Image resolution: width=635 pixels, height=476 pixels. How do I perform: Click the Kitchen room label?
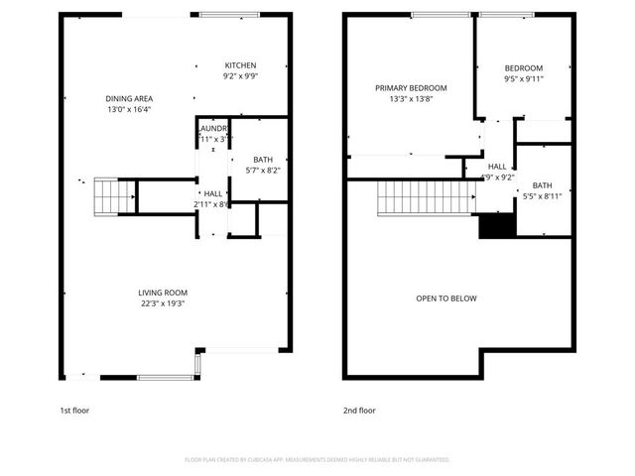240,65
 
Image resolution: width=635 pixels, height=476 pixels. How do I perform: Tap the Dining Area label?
136,98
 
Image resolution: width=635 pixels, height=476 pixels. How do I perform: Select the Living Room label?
163,293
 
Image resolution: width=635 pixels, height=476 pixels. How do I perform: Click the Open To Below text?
446,297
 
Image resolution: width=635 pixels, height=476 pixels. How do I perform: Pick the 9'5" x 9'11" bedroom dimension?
523,78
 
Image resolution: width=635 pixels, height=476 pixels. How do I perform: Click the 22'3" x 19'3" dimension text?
163,304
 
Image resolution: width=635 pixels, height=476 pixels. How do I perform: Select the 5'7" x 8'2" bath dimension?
262,171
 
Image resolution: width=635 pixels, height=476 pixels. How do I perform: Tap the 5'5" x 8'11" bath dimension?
542,196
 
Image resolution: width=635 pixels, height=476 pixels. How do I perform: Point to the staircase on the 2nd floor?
421,197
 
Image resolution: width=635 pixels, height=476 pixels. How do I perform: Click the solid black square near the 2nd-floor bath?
494,226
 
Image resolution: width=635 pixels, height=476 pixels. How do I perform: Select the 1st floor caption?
74,410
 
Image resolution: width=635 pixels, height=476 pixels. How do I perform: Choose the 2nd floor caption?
359,410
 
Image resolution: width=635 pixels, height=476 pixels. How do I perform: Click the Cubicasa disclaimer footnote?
317,459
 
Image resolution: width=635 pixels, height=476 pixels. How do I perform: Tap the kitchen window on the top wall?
229,14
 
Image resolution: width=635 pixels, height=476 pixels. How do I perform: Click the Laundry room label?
214,129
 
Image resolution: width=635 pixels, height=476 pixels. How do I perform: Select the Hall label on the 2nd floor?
497,167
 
